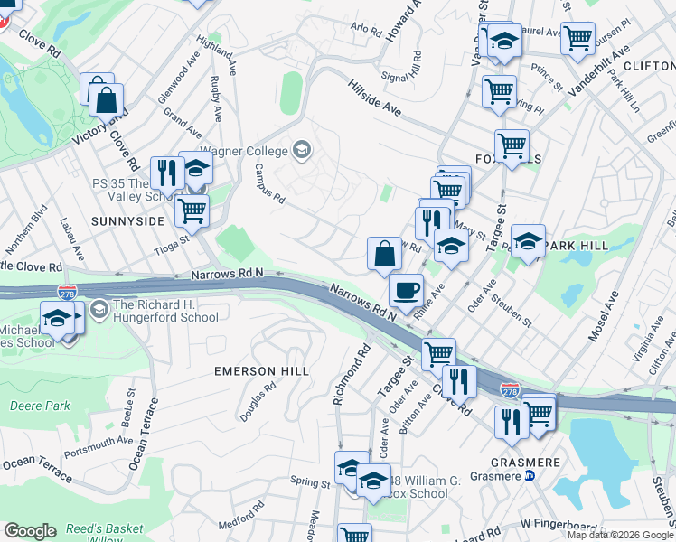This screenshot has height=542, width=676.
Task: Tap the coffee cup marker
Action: (406, 289)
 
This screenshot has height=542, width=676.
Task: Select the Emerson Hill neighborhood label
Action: (261, 371)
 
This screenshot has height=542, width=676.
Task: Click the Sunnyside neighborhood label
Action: (127, 220)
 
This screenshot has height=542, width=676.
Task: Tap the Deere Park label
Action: (40, 406)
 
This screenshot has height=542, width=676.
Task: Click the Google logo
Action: (30, 531)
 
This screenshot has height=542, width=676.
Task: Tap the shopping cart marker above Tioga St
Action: (191, 210)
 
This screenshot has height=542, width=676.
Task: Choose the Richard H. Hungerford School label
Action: (166, 311)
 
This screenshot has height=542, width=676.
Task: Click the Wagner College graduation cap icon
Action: (301, 150)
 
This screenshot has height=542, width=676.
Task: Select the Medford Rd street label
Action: (239, 521)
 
